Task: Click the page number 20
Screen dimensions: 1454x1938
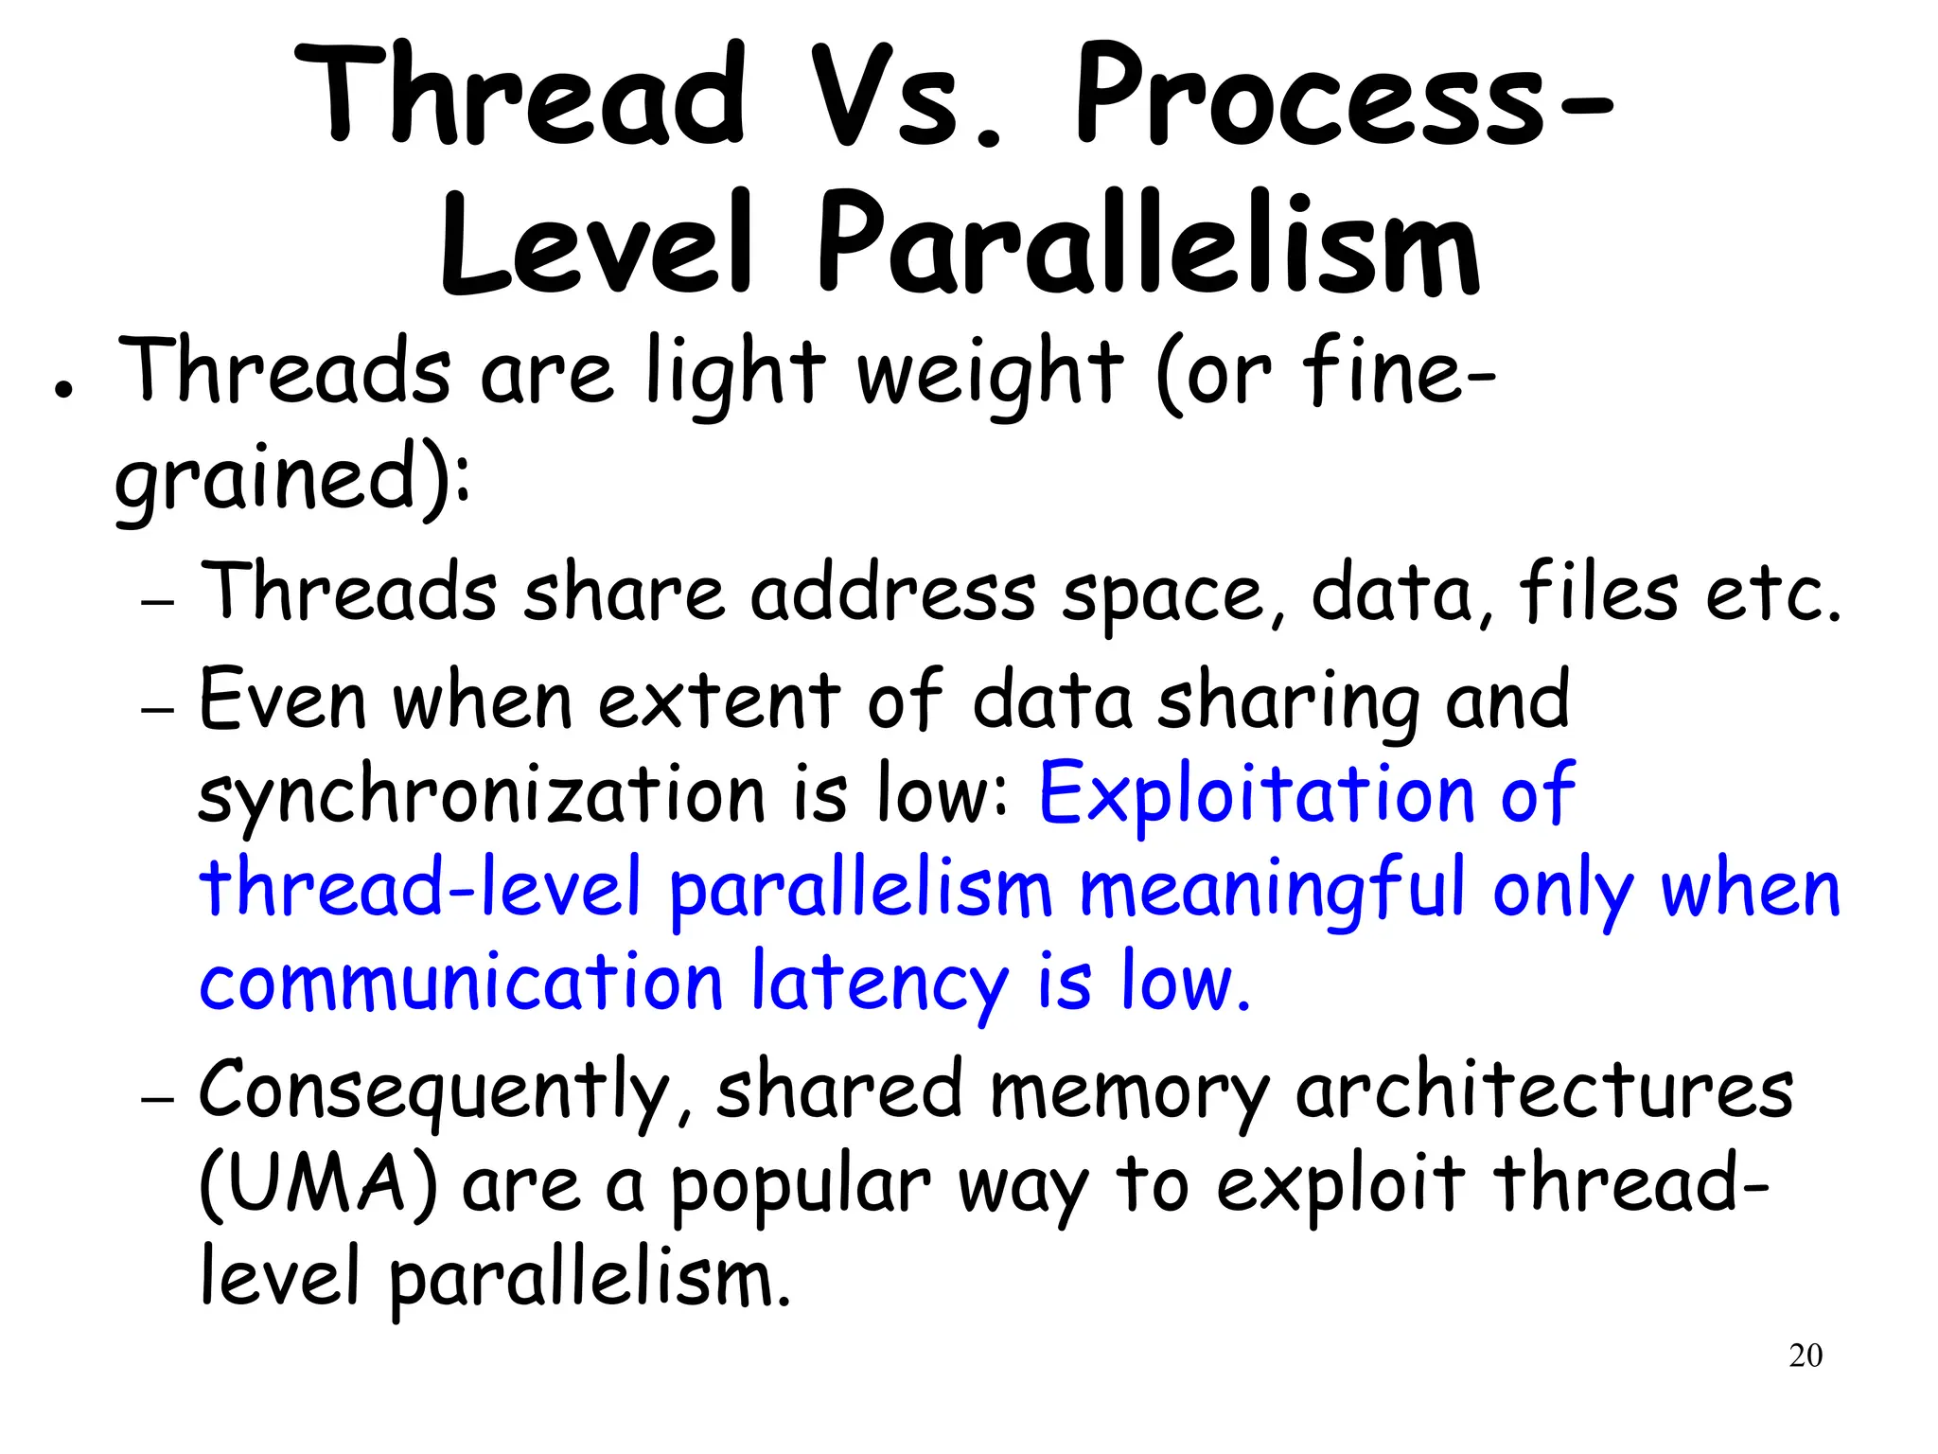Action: [x=1806, y=1356]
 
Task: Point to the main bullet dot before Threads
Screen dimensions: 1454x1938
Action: [x=63, y=390]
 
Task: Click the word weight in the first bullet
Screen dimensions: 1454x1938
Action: [x=990, y=374]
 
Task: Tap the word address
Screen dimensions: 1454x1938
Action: [x=893, y=592]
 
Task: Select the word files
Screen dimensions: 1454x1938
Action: [x=1598, y=592]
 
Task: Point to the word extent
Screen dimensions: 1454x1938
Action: [x=719, y=700]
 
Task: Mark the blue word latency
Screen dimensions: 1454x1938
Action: [x=880, y=984]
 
